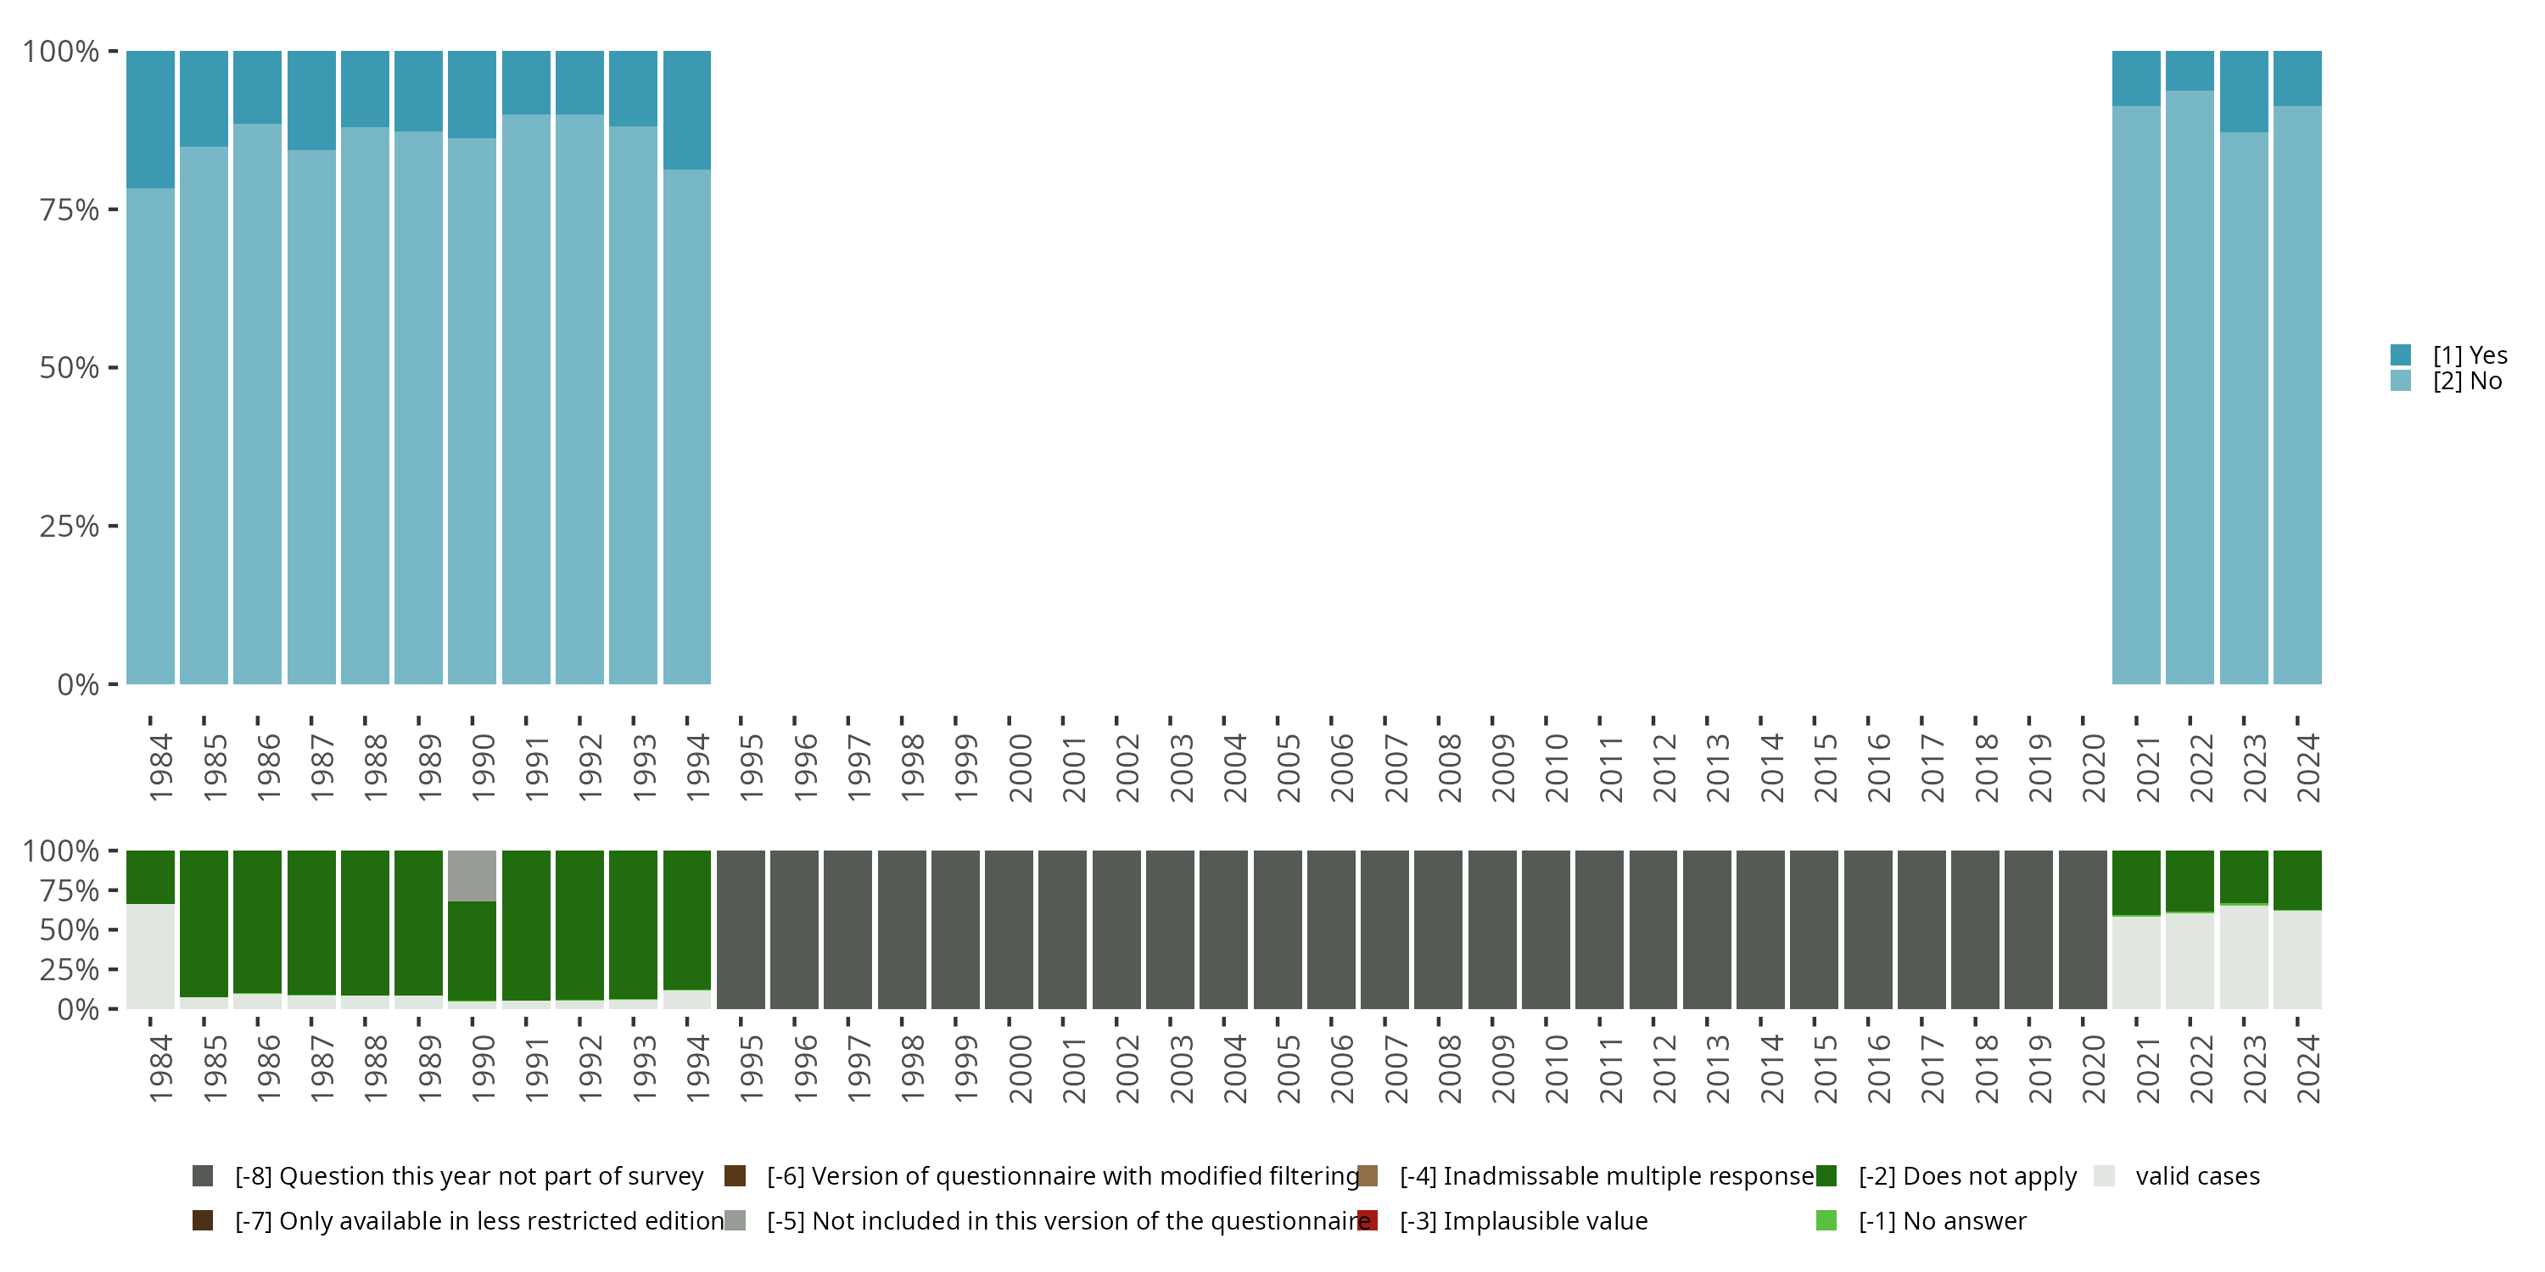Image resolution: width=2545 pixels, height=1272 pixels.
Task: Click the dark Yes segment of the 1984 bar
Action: (150, 119)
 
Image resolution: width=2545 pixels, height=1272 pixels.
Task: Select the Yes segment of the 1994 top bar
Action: (686, 109)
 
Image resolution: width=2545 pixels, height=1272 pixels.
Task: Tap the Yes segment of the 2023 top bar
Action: (2243, 91)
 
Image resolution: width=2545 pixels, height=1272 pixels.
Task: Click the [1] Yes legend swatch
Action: (2401, 354)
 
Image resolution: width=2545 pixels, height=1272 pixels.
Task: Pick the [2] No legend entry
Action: (2467, 382)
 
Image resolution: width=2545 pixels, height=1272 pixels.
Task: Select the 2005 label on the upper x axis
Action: (1289, 767)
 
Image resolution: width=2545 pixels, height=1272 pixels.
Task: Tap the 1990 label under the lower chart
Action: (483, 1068)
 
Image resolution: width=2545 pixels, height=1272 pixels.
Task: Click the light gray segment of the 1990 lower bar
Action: (473, 875)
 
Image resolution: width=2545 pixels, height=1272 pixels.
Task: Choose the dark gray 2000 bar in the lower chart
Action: (1009, 929)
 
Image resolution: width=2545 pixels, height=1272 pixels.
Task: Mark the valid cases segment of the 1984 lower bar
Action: (150, 955)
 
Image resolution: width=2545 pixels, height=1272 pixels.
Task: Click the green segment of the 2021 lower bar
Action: (2136, 882)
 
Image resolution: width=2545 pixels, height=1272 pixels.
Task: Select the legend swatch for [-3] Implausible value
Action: (1368, 1220)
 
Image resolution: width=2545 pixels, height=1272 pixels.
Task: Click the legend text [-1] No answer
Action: (1941, 1220)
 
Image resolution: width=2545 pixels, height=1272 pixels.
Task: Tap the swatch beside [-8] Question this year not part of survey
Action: (203, 1175)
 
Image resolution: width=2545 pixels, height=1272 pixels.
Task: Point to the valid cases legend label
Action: (2197, 1175)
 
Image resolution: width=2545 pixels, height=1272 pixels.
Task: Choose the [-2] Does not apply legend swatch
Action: (1826, 1175)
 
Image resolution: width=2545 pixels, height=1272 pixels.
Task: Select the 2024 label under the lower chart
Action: (2307, 1068)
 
